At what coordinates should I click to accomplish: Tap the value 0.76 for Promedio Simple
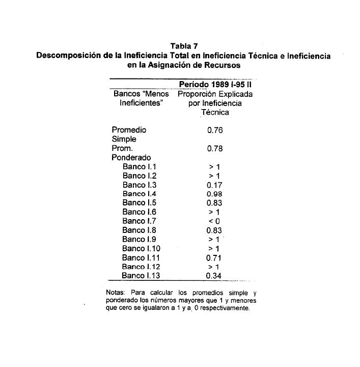point(215,130)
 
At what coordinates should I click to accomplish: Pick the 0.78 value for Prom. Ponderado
point(215,149)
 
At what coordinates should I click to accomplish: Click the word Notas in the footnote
point(114,293)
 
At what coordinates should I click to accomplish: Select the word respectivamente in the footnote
point(226,309)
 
